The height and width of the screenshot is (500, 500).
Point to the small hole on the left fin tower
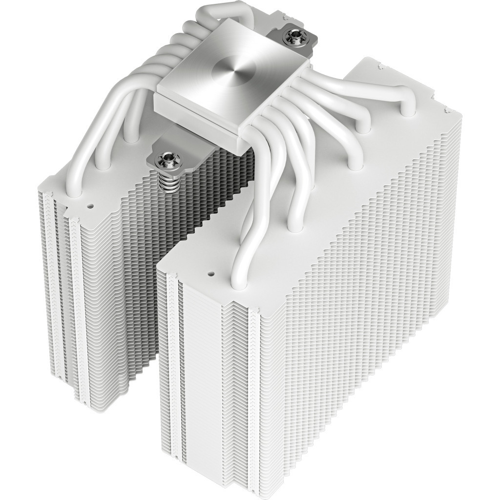click(90, 206)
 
